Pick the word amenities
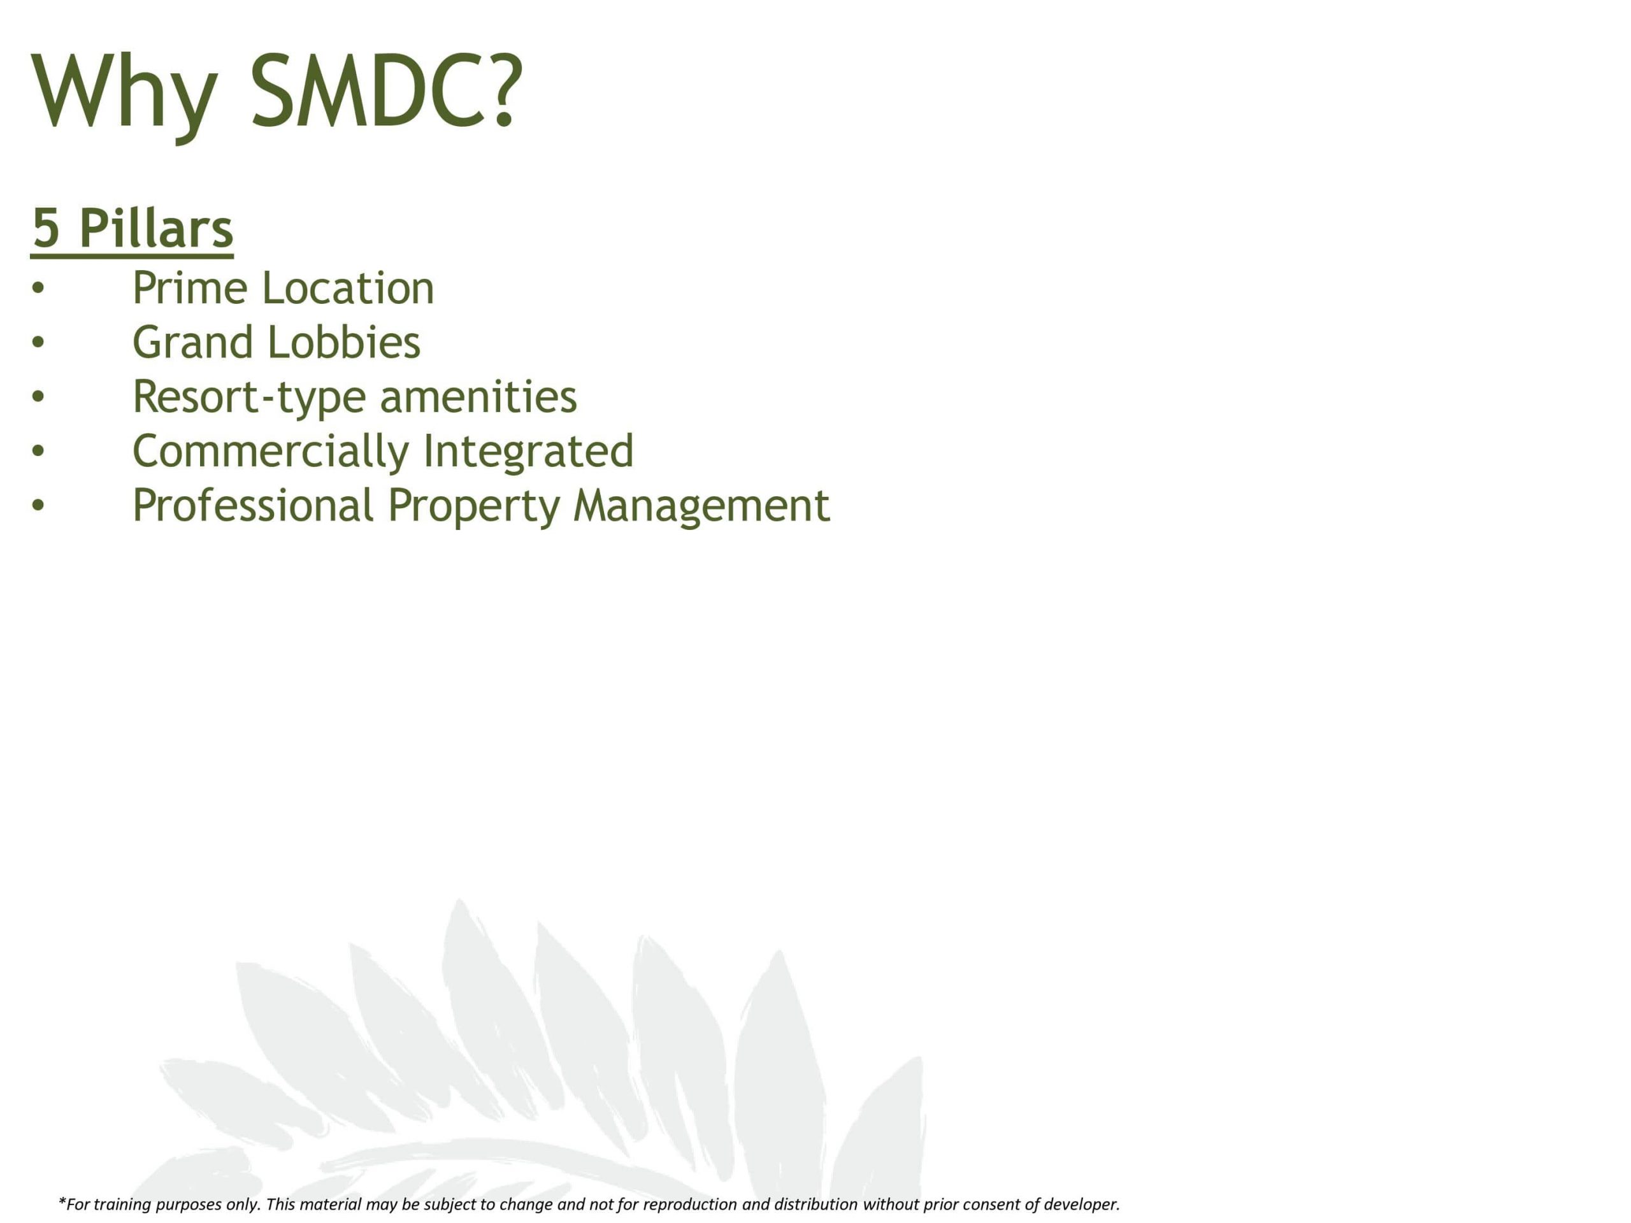click(x=478, y=397)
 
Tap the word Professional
click(x=254, y=505)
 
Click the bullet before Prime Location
click(x=38, y=289)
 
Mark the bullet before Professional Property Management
click(x=38, y=506)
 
